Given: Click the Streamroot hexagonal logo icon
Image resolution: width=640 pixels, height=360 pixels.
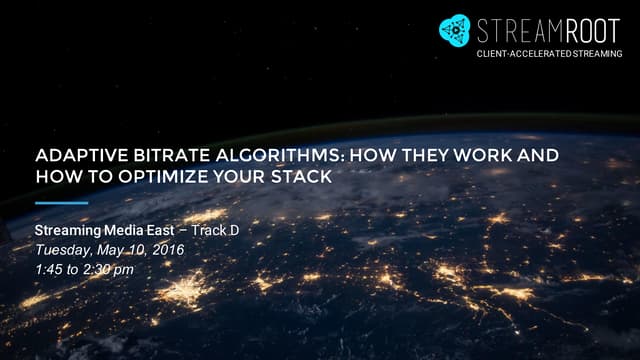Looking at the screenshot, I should (x=456, y=30).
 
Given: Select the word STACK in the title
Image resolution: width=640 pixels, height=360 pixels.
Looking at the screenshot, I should (x=304, y=176).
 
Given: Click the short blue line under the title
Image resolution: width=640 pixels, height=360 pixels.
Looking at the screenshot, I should (x=61, y=203).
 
